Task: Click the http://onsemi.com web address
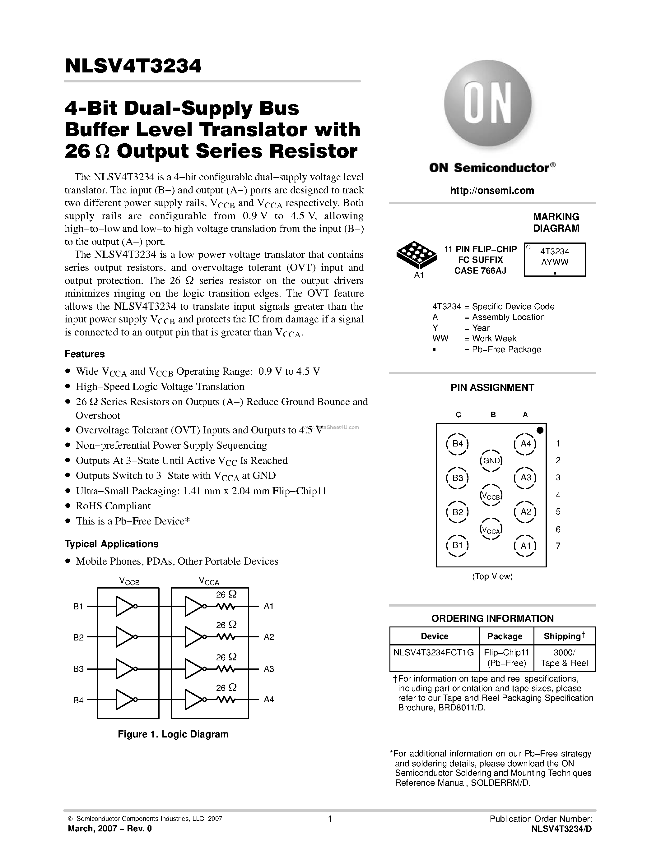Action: point(492,191)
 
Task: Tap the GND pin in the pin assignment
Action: point(491,461)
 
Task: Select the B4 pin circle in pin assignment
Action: point(457,444)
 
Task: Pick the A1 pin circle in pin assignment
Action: point(525,546)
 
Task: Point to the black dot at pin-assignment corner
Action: point(540,430)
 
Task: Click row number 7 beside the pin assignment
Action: point(558,546)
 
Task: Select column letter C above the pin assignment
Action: point(458,414)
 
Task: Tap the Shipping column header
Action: point(564,636)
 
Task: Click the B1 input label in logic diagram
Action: point(78,606)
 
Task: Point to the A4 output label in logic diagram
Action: point(269,700)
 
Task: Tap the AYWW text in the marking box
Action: point(555,262)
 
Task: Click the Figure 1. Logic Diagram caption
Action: point(173,734)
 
